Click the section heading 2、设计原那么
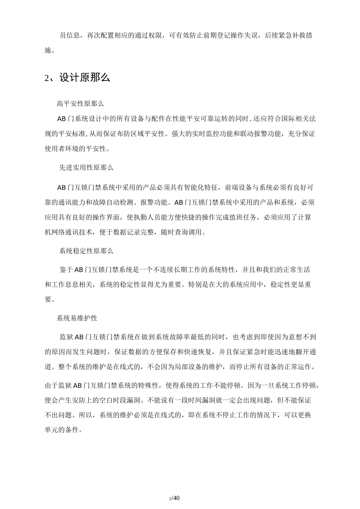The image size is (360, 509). click(x=77, y=78)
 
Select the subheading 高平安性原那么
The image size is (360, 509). click(x=80, y=103)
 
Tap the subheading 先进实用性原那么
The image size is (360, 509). click(x=86, y=167)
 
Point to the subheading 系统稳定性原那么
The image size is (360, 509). click(x=86, y=251)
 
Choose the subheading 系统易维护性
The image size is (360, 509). click(x=77, y=308)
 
